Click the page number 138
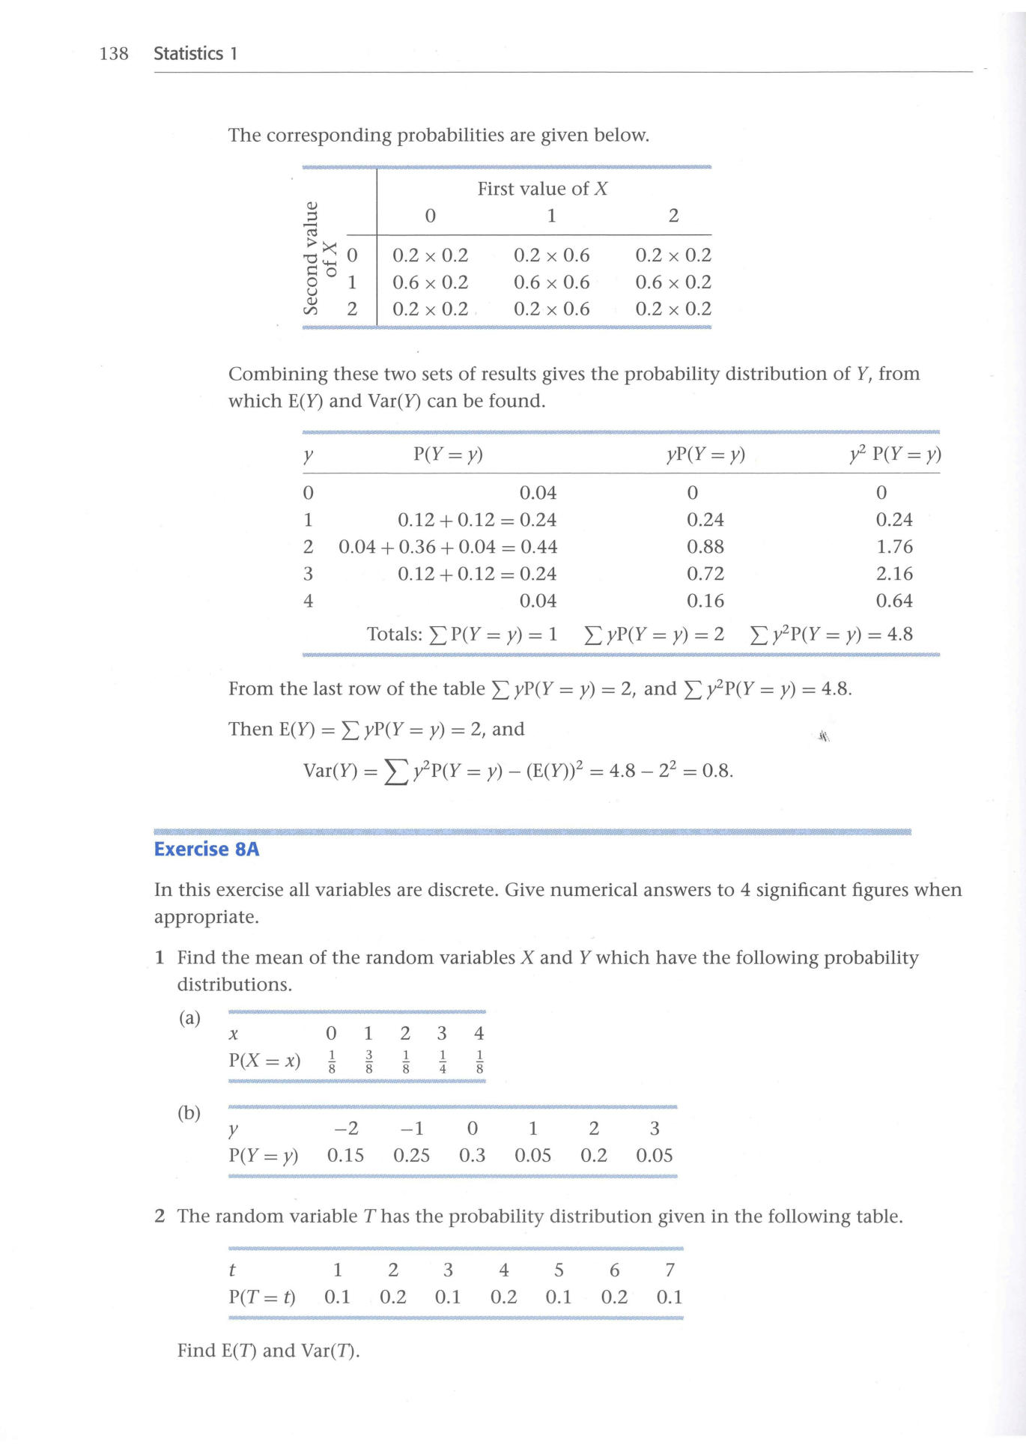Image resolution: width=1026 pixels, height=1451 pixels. pyautogui.click(x=114, y=54)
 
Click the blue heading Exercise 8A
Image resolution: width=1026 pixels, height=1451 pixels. pyautogui.click(x=207, y=849)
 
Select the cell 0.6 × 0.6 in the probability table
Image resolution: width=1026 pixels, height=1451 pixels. pyautogui.click(x=551, y=282)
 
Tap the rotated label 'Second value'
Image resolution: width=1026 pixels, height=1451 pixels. pyautogui.click(x=311, y=258)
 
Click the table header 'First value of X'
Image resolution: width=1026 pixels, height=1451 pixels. pyautogui.click(x=542, y=189)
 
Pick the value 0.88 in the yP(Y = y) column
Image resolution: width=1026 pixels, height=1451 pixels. pyautogui.click(x=705, y=547)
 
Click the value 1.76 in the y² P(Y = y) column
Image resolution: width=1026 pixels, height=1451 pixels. pyautogui.click(x=894, y=547)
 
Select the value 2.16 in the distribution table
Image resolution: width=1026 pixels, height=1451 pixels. pyautogui.click(x=894, y=574)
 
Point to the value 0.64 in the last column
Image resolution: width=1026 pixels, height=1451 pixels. pyautogui.click(x=894, y=601)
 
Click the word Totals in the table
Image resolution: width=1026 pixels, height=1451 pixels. pyautogui.click(x=394, y=634)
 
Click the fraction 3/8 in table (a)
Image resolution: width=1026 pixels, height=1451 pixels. pyautogui.click(x=368, y=1061)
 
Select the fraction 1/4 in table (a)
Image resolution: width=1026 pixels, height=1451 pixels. pyautogui.click(x=443, y=1061)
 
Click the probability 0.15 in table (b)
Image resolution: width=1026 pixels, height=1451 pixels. pyautogui.click(x=345, y=1156)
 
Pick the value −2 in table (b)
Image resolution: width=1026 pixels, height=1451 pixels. pyautogui.click(x=345, y=1129)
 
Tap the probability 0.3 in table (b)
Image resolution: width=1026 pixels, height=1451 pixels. pyautogui.click(x=472, y=1156)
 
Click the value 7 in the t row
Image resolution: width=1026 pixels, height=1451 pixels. pyautogui.click(x=670, y=1270)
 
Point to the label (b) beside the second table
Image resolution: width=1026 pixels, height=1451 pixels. pyautogui.click(x=189, y=1113)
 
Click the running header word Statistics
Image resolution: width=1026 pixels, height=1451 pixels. pyautogui.click(x=188, y=54)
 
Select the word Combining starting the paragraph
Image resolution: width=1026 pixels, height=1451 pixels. pyautogui.click(x=278, y=374)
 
